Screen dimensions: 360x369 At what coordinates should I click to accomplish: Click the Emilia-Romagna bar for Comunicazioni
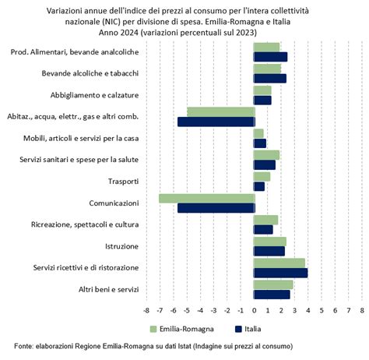(206, 199)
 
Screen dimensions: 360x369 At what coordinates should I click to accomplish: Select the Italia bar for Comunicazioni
(216, 208)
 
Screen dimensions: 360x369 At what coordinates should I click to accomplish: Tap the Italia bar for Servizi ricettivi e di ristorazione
(280, 273)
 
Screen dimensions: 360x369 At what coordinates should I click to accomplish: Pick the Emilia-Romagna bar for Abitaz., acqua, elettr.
(220, 112)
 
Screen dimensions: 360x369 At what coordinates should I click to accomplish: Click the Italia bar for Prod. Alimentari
(270, 57)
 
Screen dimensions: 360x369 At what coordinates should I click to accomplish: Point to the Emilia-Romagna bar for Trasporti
(262, 177)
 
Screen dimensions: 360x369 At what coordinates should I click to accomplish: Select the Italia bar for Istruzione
(269, 251)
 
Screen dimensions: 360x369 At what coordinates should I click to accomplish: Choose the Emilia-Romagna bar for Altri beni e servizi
(273, 284)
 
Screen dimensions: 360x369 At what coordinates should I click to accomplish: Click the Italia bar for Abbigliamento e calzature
(262, 100)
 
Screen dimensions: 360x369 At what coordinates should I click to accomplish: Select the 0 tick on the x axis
(255, 310)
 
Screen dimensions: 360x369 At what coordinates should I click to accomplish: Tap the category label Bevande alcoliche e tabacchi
(90, 73)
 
